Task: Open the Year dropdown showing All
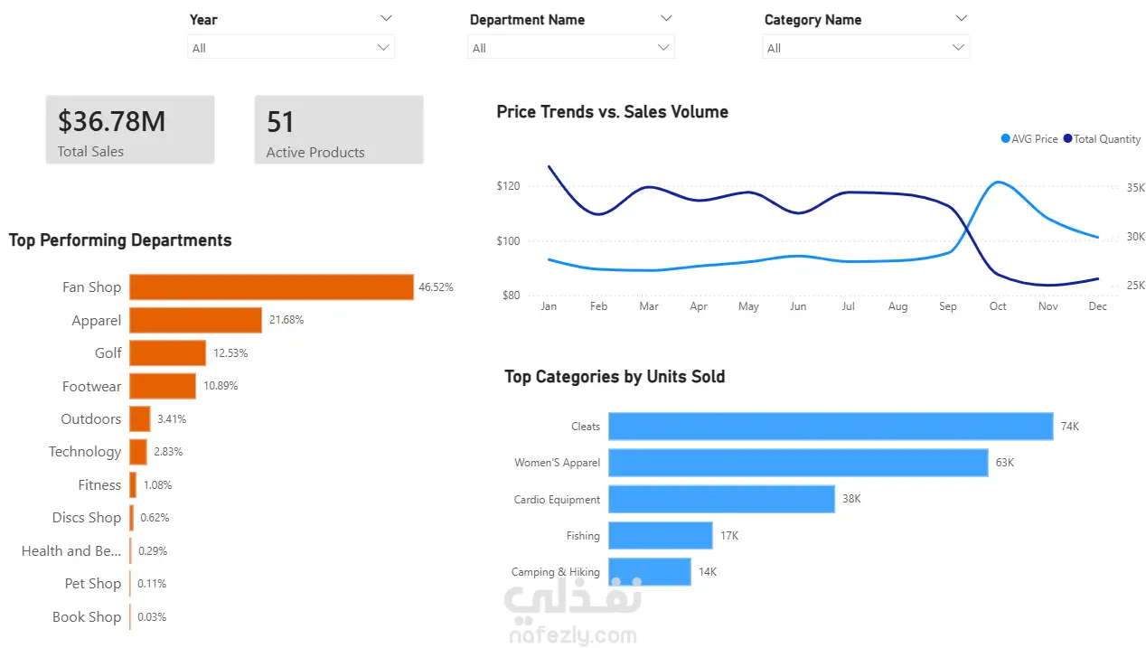pos(291,48)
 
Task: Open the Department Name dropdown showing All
pos(571,48)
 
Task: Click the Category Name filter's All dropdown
pos(866,48)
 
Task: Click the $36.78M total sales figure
pos(111,122)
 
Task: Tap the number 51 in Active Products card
pos(280,122)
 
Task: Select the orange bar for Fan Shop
pos(272,286)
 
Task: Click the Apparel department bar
pos(195,320)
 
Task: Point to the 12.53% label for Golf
pos(230,352)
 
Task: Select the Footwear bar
pos(163,386)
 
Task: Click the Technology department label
pos(85,452)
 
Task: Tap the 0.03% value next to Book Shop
pos(152,616)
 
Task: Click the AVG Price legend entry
pos(1029,139)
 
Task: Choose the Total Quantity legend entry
pos(1102,139)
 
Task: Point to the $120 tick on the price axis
pos(508,185)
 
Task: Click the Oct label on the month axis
pos(998,306)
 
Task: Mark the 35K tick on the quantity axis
pos(1136,188)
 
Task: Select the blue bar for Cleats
pos(831,426)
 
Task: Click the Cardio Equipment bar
pos(722,499)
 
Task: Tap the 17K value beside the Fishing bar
pos(729,536)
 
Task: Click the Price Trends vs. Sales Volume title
pos(613,112)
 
